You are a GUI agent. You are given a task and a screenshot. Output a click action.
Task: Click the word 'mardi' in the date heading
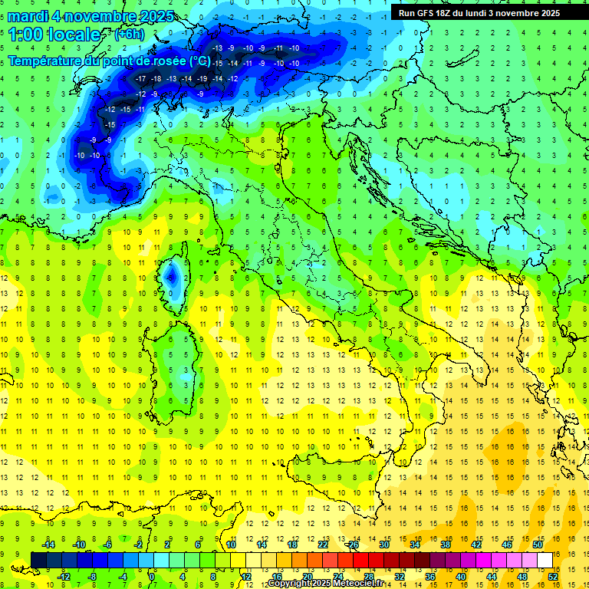point(28,16)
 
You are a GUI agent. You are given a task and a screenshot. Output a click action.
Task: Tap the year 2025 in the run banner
point(545,12)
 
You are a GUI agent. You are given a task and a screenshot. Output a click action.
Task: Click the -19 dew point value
point(202,79)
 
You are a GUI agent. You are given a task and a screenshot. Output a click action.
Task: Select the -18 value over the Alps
point(156,79)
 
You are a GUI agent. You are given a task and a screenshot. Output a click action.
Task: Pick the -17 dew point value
point(140,79)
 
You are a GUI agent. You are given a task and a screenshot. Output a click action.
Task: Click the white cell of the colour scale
point(545,560)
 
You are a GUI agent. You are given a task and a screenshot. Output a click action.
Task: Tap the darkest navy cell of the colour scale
point(38,560)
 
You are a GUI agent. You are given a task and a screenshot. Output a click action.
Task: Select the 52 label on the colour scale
point(553,577)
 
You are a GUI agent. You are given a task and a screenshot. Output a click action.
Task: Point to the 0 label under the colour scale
point(152,577)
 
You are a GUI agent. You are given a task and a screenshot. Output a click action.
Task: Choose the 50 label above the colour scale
point(538,544)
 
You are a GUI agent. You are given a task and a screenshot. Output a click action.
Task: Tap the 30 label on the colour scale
point(384,544)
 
